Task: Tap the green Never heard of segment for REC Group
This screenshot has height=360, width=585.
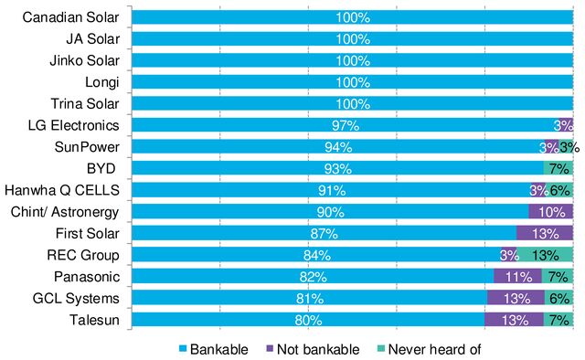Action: (x=546, y=255)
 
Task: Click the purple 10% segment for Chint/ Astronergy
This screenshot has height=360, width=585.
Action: (x=551, y=211)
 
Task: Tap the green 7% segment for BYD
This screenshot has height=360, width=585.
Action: (x=558, y=168)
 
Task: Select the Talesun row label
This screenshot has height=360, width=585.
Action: (x=99, y=321)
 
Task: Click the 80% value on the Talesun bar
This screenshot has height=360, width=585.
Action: (x=307, y=321)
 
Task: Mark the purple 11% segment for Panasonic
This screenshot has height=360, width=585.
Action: (x=518, y=277)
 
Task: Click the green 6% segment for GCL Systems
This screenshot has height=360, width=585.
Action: (x=559, y=299)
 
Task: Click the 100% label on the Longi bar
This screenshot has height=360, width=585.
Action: (x=352, y=82)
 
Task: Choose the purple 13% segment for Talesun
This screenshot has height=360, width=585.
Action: (x=514, y=321)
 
